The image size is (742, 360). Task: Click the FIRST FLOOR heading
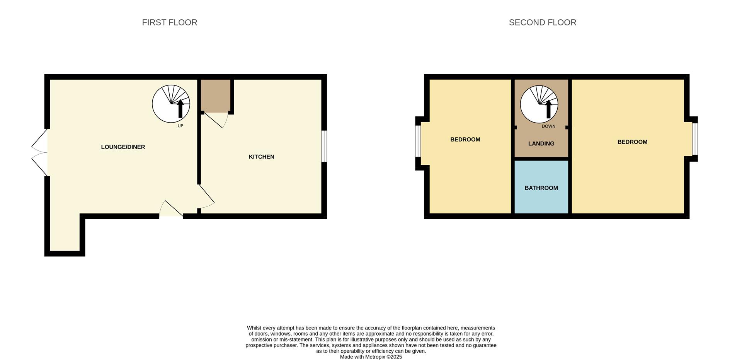(170, 22)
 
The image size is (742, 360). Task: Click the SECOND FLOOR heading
(543, 22)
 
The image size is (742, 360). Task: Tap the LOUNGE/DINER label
(123, 147)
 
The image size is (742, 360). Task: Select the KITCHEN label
(262, 157)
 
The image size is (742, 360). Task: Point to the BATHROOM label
(541, 188)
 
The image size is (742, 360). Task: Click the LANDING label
(541, 143)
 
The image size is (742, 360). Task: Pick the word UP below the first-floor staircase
(180, 126)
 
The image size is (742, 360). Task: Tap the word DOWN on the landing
(548, 126)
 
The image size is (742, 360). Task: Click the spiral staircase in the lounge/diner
(171, 104)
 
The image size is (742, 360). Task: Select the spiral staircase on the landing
(539, 104)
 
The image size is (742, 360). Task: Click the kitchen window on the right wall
(324, 146)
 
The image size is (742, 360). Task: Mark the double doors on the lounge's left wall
(39, 152)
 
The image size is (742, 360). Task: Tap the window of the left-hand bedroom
(418, 141)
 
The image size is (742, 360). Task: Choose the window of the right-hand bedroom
(695, 139)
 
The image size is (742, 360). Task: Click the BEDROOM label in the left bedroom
(465, 140)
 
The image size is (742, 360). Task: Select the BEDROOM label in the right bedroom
(632, 142)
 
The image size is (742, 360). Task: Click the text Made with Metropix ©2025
(371, 357)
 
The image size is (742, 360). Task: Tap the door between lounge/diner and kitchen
(206, 196)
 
